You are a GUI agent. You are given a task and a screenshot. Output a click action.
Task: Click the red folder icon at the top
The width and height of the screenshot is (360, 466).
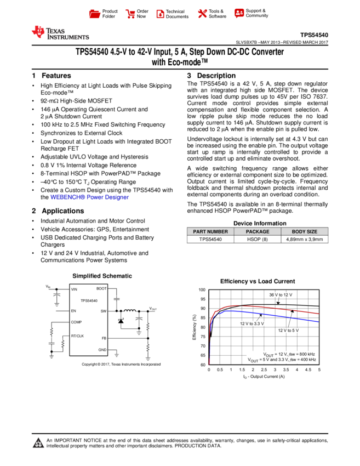[x=95, y=14]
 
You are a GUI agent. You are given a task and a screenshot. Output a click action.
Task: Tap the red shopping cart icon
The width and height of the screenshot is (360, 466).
[x=130, y=14]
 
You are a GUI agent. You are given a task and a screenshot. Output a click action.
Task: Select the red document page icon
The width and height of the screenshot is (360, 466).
[x=160, y=14]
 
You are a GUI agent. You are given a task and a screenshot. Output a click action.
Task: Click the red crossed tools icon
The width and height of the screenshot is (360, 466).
[x=202, y=14]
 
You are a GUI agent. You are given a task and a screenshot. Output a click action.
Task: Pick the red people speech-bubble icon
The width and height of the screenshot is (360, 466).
[x=239, y=13]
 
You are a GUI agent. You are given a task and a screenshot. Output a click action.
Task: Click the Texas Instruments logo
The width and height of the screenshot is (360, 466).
[x=59, y=33]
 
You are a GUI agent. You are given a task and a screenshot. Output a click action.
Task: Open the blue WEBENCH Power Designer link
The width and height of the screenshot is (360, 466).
[x=89, y=197]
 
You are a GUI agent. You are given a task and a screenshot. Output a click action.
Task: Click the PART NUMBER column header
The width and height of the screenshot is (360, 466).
[x=210, y=232]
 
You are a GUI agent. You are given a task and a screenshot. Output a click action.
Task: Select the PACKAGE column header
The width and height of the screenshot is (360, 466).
[x=258, y=232]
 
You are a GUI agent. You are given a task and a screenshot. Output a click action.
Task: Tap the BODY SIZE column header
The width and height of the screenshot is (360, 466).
[x=305, y=232]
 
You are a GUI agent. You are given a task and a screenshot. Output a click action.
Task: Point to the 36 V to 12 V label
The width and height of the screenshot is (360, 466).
[x=282, y=295]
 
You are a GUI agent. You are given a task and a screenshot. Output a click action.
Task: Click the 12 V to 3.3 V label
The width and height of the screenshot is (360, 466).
[x=252, y=324]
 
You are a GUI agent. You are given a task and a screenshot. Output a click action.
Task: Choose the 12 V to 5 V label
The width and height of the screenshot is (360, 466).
[x=288, y=331]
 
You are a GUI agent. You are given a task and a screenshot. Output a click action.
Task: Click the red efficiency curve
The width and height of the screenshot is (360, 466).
[x=274, y=308]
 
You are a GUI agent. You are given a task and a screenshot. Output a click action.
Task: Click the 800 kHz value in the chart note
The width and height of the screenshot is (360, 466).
[x=307, y=354]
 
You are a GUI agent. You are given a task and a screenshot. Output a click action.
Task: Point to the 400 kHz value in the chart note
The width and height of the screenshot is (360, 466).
[x=307, y=360]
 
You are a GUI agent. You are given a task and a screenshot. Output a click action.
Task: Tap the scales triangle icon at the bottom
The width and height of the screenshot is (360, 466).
[x=38, y=443]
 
